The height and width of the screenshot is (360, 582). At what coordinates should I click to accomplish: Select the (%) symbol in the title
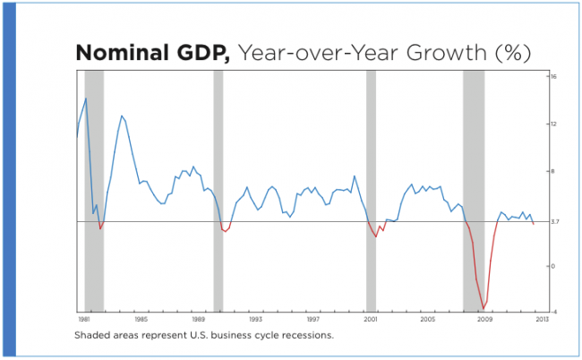tap(508, 53)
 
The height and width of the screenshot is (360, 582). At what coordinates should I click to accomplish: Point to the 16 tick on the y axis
tap(554, 77)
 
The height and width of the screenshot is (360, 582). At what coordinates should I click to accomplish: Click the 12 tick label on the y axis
tap(554, 124)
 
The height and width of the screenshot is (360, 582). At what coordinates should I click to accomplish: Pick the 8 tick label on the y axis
tap(554, 171)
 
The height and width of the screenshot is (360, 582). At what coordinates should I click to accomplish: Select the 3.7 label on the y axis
tap(555, 221)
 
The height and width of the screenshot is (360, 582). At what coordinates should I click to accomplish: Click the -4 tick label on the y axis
tap(554, 313)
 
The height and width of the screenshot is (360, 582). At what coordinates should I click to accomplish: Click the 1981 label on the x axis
tap(83, 319)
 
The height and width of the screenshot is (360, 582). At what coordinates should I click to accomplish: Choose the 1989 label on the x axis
tap(198, 319)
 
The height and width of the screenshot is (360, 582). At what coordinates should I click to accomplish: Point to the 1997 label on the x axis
tap(312, 319)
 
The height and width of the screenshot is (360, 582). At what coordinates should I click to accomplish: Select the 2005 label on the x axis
tap(427, 319)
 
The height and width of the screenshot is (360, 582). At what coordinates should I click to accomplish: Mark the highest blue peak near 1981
tap(86, 99)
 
